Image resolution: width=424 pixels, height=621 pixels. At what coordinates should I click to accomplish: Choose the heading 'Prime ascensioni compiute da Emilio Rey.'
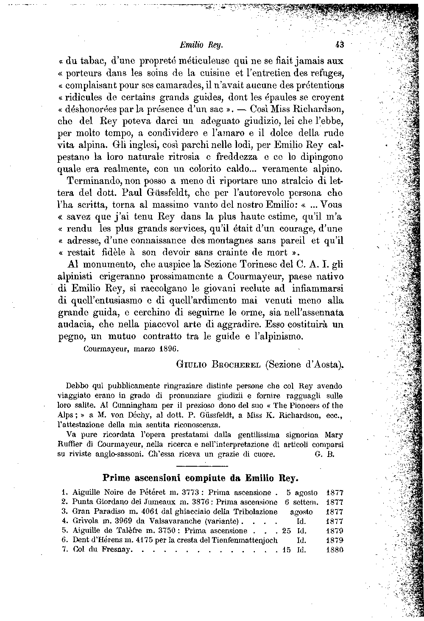201,477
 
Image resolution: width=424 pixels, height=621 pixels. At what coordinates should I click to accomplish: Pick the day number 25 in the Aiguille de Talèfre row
287,531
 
